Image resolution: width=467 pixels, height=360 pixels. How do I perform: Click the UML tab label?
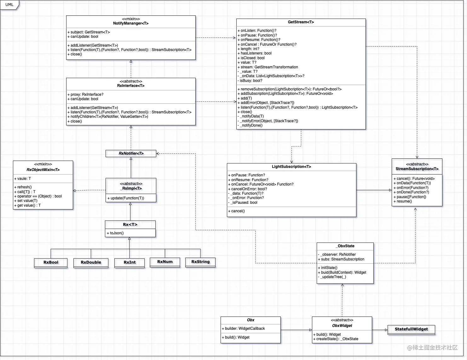click(9, 5)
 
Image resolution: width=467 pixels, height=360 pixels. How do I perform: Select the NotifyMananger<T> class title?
click(131, 23)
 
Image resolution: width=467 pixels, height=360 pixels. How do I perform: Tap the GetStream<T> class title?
click(301, 22)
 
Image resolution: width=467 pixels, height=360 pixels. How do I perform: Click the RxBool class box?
click(51, 262)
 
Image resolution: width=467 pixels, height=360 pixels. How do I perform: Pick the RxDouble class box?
click(91, 262)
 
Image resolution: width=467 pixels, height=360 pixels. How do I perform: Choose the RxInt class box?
click(130, 262)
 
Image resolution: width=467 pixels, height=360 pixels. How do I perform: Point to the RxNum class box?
click(165, 262)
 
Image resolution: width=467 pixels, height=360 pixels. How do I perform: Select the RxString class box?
click(200, 262)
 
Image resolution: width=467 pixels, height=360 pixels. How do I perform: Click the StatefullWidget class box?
click(411, 329)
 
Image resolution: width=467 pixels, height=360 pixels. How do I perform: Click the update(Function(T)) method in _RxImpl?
click(127, 198)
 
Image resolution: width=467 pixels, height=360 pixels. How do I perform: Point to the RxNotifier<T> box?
click(131, 153)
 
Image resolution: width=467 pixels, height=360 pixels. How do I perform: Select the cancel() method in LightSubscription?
click(238, 211)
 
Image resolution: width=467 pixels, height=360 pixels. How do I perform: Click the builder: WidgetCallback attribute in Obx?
click(245, 329)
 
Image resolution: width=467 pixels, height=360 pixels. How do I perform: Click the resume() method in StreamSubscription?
click(404, 201)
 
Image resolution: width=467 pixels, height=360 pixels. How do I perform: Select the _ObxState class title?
click(345, 246)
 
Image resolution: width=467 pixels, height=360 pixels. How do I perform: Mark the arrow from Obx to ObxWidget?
click(296, 330)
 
